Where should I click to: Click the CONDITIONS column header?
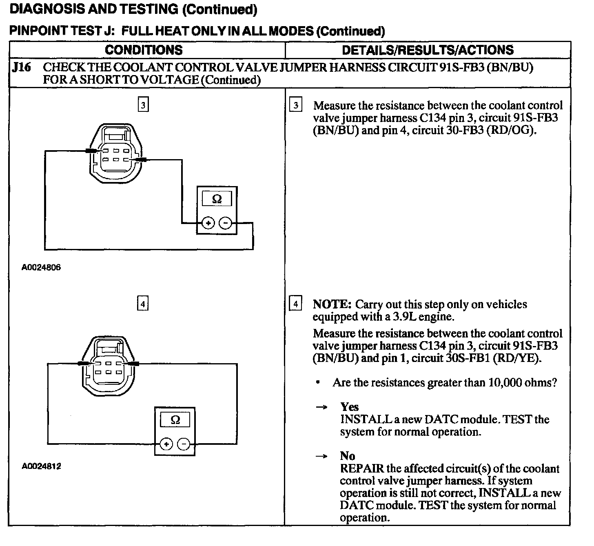144,50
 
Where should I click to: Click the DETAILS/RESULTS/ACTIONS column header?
428,50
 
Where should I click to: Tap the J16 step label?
22,67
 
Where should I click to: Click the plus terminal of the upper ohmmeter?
208,223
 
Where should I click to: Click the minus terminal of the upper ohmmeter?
226,223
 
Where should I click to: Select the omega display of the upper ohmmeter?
217,199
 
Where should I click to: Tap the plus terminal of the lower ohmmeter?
166,444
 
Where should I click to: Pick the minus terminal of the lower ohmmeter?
184,444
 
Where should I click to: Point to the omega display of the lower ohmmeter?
175,420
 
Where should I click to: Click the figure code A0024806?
41,268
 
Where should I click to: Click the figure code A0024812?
41,466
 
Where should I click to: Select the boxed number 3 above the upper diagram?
143,105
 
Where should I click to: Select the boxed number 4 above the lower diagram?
142,304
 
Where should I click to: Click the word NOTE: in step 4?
332,304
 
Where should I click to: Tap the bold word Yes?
350,407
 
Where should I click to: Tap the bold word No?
348,456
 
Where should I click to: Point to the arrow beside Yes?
322,407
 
